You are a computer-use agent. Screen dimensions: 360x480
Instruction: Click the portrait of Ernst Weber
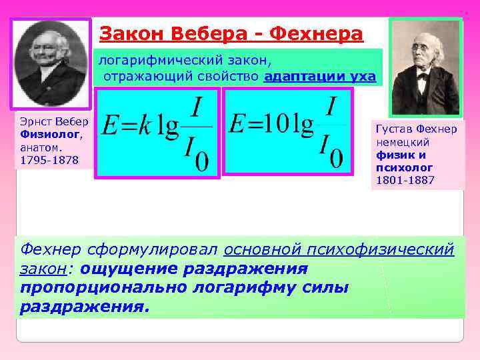tap(50, 62)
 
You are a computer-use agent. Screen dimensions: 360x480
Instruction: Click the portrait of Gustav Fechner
tap(425, 67)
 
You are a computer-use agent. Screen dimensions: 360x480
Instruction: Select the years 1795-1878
tap(49, 160)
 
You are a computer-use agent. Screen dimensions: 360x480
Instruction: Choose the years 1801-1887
tap(405, 180)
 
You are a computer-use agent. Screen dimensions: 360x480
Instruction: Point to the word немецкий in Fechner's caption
tap(403, 142)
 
